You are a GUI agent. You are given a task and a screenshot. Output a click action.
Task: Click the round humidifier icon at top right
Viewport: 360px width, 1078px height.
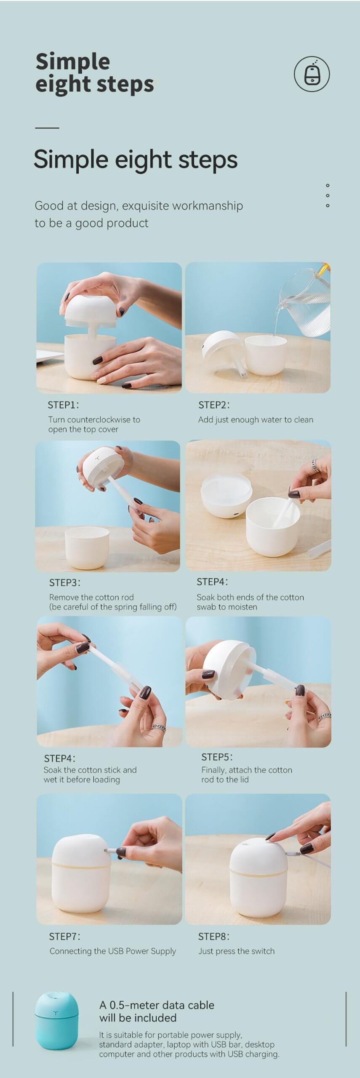tap(312, 74)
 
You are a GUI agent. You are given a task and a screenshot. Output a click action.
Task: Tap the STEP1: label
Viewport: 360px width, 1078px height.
tap(63, 405)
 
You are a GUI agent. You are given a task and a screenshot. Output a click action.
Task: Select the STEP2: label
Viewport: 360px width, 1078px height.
tap(214, 405)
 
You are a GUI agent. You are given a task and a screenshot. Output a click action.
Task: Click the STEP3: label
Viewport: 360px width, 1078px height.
tap(65, 583)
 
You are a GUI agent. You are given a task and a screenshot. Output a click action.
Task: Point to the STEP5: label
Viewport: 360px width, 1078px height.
tap(217, 757)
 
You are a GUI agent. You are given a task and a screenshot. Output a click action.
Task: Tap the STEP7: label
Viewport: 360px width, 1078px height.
tap(64, 937)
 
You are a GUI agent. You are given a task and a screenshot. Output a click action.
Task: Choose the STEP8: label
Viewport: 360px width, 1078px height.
tap(214, 937)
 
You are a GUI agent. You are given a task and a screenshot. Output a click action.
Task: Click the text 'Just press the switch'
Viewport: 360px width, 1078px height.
tap(236, 951)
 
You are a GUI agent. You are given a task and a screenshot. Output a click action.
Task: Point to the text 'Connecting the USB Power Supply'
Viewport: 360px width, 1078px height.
tap(113, 951)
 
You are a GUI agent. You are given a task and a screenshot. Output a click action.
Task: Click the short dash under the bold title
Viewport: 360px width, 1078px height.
tap(47, 127)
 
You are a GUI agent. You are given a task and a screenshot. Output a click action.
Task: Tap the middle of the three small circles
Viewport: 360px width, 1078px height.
tap(328, 195)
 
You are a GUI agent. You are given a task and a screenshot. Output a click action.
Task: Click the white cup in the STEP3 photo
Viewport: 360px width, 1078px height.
tap(87, 547)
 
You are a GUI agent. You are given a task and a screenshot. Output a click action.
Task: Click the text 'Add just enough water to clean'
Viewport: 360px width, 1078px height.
tap(256, 419)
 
